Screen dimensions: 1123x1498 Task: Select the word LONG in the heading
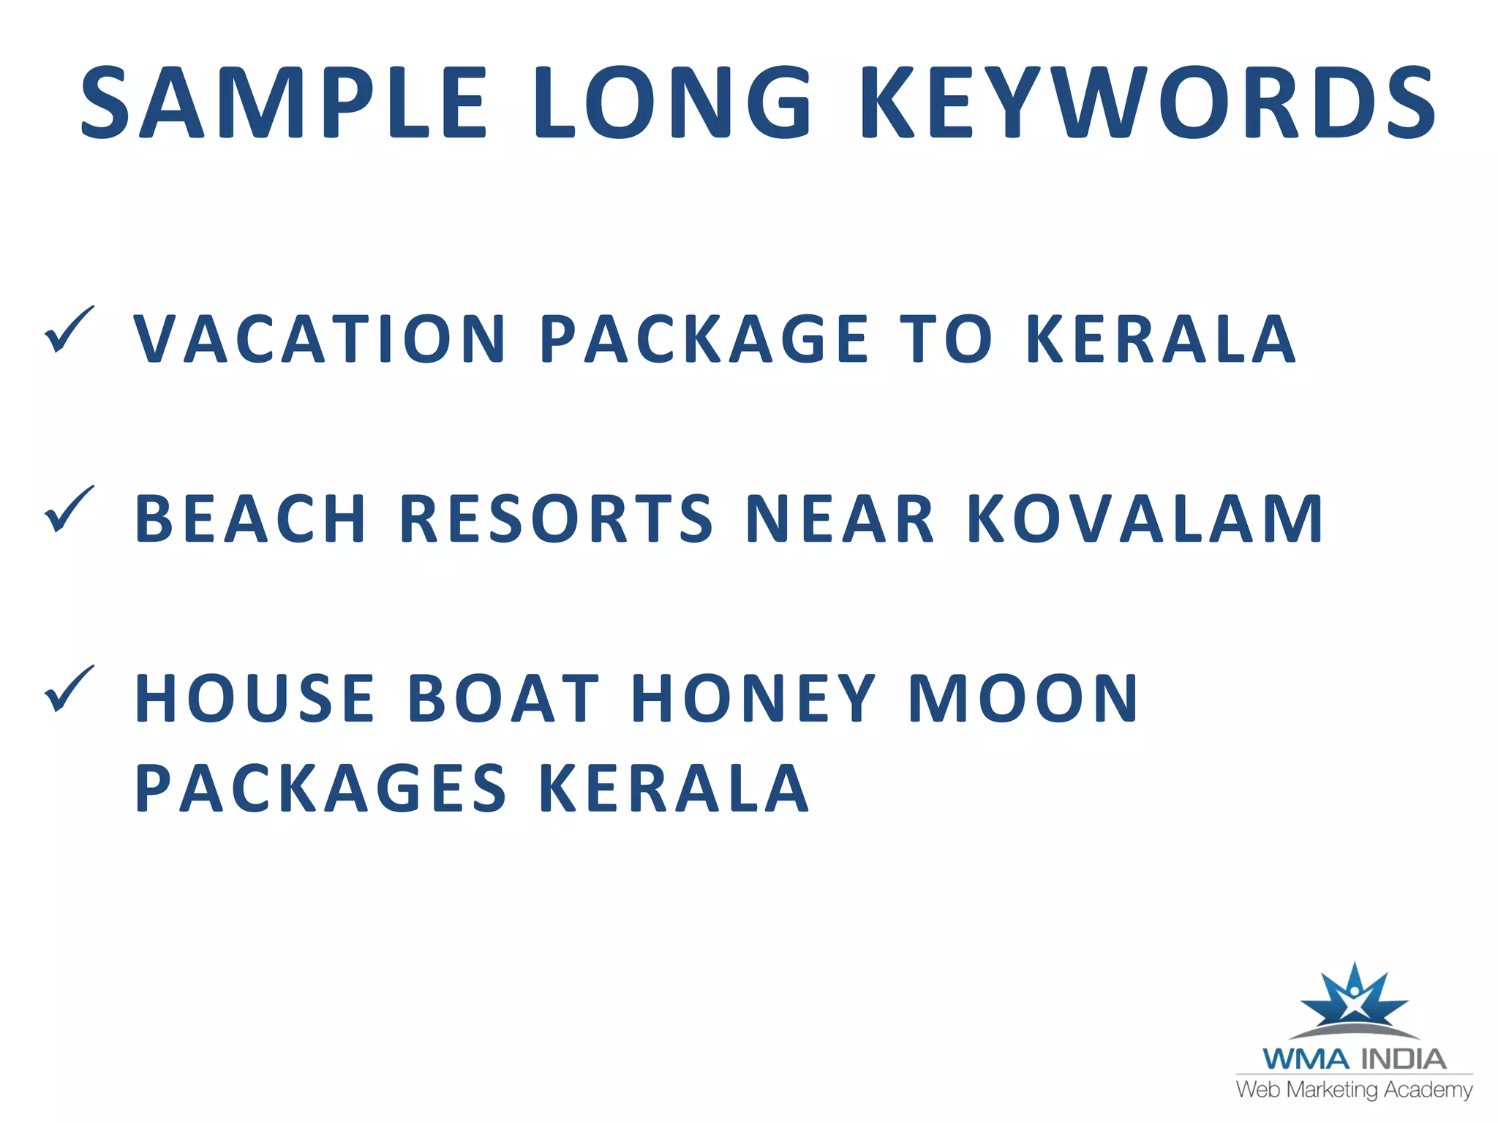(672, 102)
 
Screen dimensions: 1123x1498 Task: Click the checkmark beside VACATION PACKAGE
(69, 330)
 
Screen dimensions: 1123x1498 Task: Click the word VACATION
(320, 339)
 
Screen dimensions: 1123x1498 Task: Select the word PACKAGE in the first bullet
(704, 339)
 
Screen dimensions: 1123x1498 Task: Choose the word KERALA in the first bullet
(1161, 339)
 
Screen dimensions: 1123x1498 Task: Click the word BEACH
(250, 518)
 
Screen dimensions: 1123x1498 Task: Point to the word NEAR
(840, 518)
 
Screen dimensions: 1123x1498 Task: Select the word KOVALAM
(1145, 518)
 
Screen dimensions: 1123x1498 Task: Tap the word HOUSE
(255, 698)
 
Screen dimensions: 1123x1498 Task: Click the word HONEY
(753, 698)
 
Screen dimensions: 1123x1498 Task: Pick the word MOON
(1023, 698)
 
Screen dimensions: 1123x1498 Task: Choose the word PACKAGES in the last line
(320, 788)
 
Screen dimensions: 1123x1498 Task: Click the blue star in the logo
(1354, 999)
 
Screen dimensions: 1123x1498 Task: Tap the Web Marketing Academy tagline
(1354, 1089)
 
